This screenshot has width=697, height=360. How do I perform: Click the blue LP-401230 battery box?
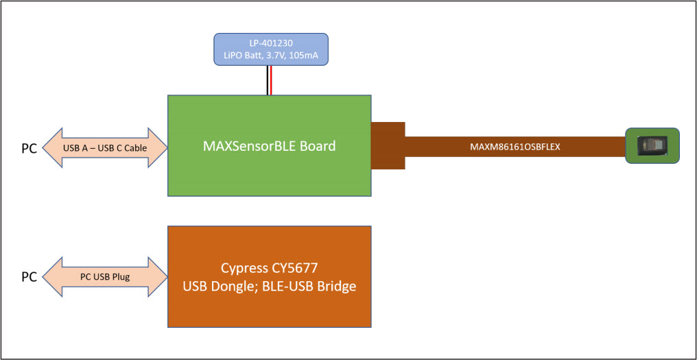270,49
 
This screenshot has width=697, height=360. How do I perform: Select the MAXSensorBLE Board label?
270,146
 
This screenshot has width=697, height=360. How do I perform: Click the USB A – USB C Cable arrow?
105,146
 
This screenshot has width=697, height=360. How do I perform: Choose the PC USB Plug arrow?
105,277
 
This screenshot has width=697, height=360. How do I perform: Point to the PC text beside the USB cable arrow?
29,147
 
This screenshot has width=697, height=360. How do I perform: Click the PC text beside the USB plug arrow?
29,278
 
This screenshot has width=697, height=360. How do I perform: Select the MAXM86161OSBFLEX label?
510,147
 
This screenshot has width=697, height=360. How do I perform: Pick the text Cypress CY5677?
270,268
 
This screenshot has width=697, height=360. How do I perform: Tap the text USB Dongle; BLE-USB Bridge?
270,287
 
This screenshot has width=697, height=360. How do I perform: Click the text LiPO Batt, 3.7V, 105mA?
270,55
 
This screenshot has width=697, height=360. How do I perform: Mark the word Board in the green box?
314,146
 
